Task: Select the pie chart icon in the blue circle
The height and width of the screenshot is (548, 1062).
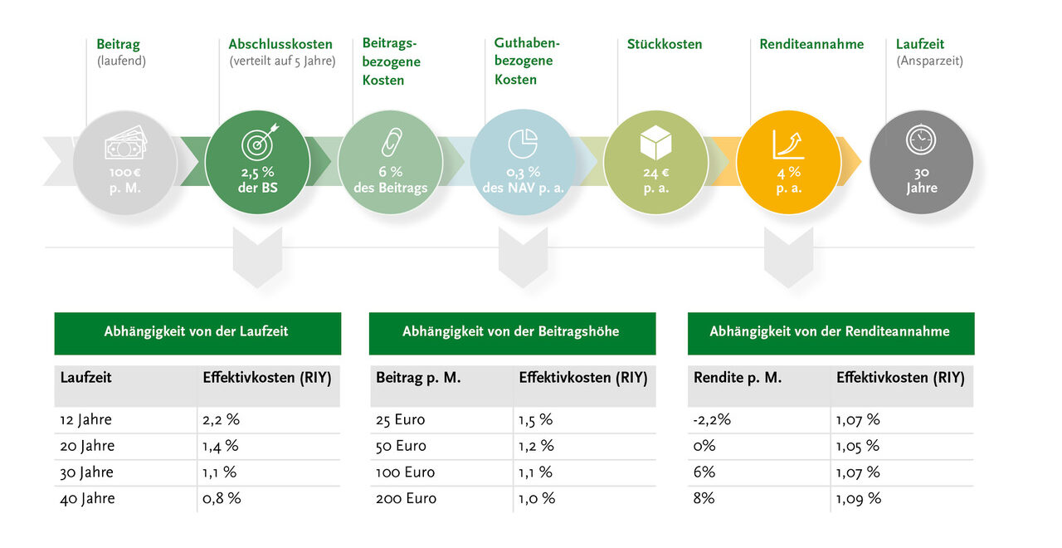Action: [x=523, y=144]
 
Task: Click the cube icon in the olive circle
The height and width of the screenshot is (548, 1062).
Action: [x=655, y=143]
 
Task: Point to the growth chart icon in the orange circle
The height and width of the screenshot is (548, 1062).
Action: [x=788, y=144]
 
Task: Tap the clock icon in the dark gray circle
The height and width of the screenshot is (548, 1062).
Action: [x=921, y=139]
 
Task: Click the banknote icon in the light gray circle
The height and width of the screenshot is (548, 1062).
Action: [x=125, y=145]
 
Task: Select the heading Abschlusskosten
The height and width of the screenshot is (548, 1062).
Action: [x=280, y=44]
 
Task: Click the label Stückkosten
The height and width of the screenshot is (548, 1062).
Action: [x=665, y=44]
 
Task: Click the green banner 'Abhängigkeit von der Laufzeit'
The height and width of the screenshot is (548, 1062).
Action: [x=197, y=332]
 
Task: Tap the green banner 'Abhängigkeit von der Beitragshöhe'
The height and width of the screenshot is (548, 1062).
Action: [x=511, y=332]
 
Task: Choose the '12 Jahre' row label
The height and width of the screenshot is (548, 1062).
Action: [x=85, y=419]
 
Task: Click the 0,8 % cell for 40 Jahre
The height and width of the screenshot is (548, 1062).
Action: [x=222, y=499]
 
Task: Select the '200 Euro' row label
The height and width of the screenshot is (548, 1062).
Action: [x=406, y=499]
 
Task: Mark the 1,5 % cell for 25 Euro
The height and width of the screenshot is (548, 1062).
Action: [x=536, y=419]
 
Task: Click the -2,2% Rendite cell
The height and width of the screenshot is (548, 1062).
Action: [x=712, y=419]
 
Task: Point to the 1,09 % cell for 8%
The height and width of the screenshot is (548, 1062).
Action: [x=859, y=499]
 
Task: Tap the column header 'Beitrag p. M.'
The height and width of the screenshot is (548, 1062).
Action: [x=418, y=378]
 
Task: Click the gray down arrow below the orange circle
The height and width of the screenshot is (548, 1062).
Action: [x=788, y=257]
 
